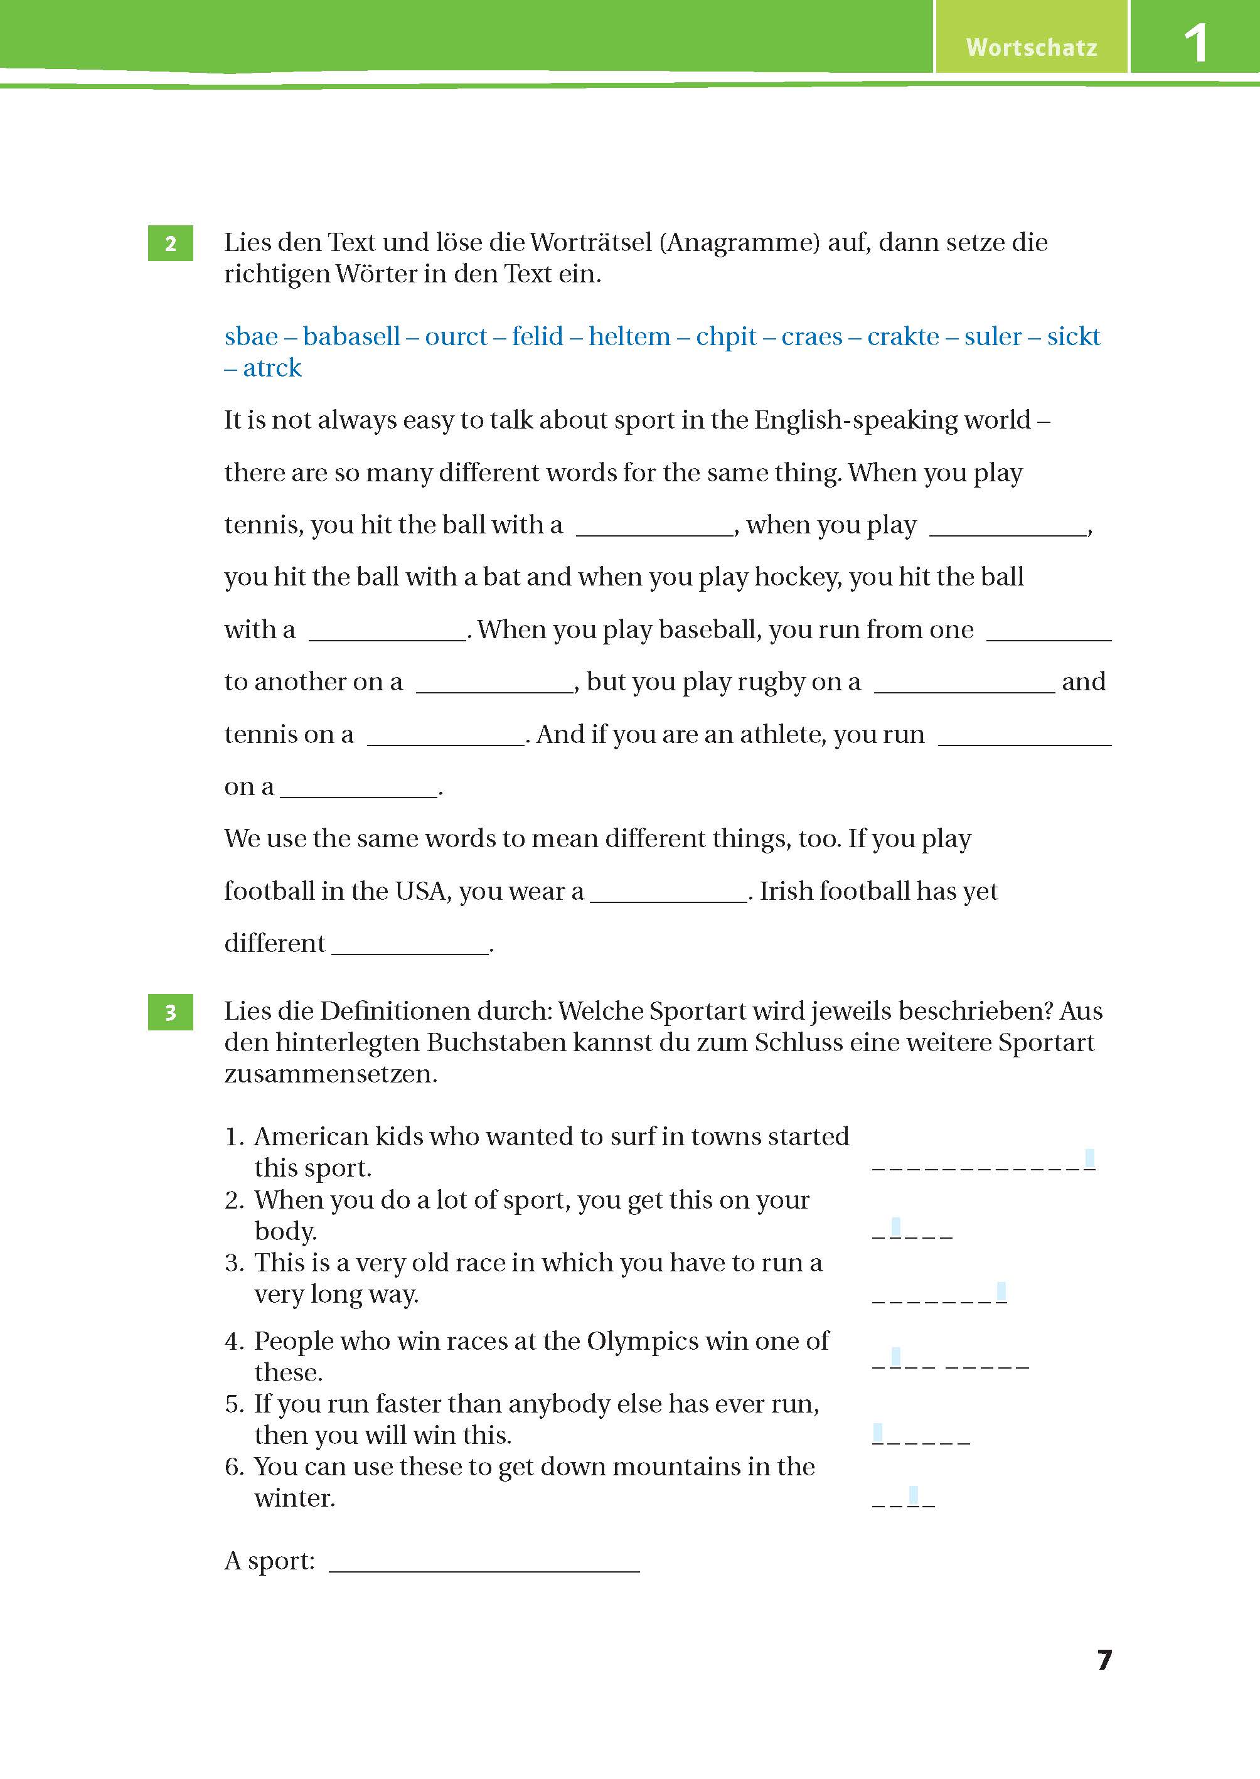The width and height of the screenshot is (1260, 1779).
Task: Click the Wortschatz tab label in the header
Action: [x=1031, y=47]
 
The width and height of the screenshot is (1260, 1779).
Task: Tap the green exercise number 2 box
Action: [x=170, y=243]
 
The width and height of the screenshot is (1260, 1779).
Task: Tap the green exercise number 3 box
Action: [x=170, y=1012]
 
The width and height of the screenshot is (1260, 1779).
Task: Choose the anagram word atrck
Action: [x=272, y=368]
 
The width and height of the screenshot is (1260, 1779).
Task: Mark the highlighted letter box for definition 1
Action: [x=1089, y=1158]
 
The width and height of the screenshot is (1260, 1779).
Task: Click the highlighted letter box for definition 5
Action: [x=877, y=1433]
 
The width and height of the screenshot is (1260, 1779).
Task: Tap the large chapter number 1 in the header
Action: [x=1195, y=43]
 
